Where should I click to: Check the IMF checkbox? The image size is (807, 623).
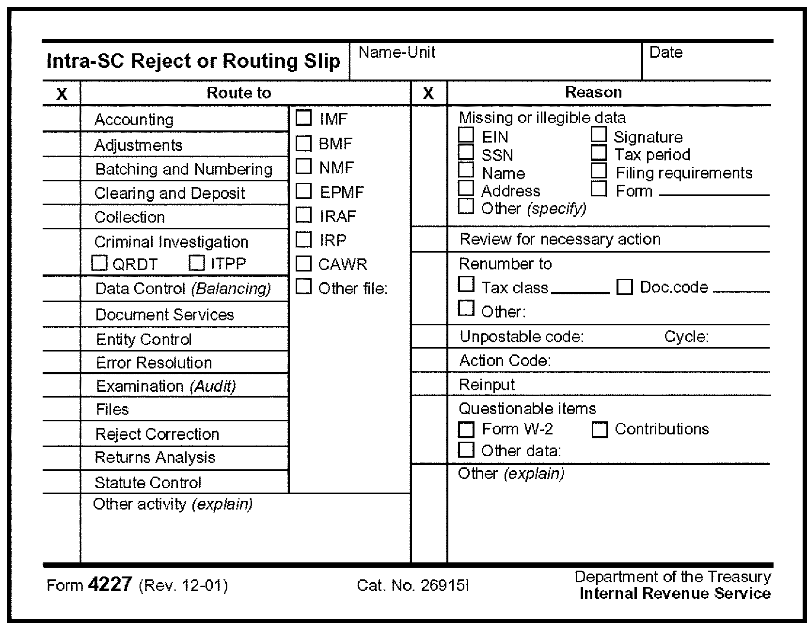(x=304, y=118)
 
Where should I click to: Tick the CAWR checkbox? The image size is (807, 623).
(x=304, y=264)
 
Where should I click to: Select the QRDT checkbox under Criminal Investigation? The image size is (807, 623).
(x=99, y=263)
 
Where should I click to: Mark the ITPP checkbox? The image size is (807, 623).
(x=196, y=263)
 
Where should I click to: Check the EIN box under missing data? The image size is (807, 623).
(x=466, y=135)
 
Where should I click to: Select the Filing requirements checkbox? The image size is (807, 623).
(x=599, y=171)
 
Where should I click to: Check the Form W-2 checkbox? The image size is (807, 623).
(x=466, y=430)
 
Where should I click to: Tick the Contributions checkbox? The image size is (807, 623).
(x=600, y=430)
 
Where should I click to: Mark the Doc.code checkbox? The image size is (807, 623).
(x=624, y=287)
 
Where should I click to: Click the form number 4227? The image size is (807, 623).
(x=110, y=584)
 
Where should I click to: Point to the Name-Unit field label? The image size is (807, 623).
(x=397, y=52)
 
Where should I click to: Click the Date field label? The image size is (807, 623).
(x=666, y=52)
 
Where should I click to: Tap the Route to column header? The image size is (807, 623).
(x=239, y=93)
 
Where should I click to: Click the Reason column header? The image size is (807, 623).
(x=593, y=92)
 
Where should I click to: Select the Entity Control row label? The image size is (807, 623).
(x=144, y=339)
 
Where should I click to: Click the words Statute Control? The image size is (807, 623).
(x=148, y=482)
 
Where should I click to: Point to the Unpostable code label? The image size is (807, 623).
(x=522, y=336)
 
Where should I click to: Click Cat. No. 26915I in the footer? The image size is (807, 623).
(x=413, y=586)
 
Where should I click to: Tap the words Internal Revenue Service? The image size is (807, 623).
(x=675, y=593)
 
